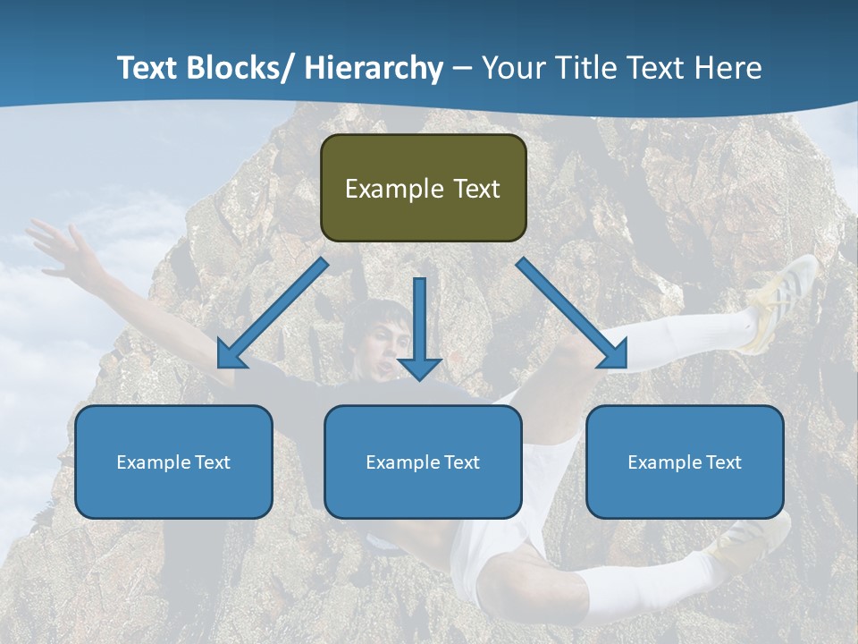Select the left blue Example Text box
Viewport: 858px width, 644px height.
pos(173,462)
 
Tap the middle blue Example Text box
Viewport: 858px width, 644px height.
pos(423,462)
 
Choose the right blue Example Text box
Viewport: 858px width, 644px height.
pos(685,462)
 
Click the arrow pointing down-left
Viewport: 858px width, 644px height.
pos(272,313)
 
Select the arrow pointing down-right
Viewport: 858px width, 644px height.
pos(572,313)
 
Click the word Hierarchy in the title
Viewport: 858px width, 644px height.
pos(373,68)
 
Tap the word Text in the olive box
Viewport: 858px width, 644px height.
pos(475,189)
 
